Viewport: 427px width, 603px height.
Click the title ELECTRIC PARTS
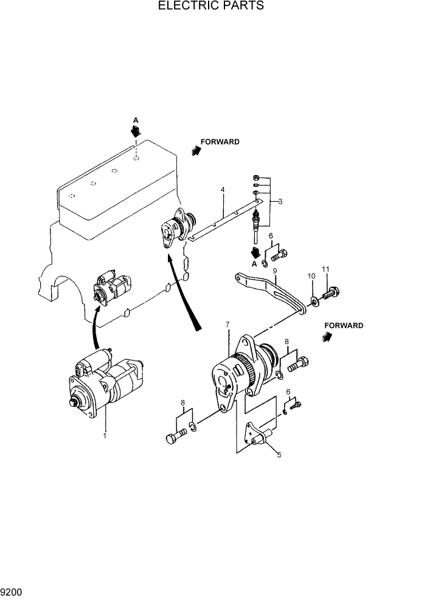[x=210, y=6]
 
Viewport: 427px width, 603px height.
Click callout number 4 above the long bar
[x=223, y=190]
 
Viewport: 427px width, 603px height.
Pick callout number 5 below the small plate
[x=279, y=454]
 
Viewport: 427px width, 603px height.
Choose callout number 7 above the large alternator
[x=227, y=324]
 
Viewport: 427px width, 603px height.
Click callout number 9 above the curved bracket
[x=275, y=270]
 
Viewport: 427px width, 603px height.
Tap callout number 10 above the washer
[x=311, y=276]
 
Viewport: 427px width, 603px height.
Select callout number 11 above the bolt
[x=326, y=269]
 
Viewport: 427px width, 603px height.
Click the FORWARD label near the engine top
[x=220, y=142]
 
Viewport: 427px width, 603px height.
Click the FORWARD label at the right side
[x=344, y=326]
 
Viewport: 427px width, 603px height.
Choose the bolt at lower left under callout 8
[x=175, y=436]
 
